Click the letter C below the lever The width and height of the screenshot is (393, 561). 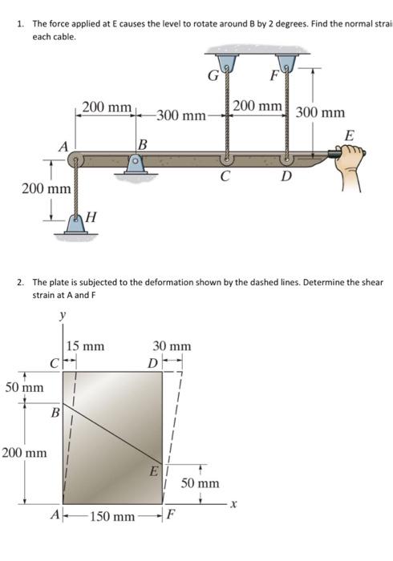pos(228,175)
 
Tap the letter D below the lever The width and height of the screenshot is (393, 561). pos(285,176)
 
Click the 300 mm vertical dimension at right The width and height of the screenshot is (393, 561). pos(321,113)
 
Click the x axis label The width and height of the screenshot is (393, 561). pos(233,504)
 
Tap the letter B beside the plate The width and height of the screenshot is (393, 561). pos(55,414)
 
